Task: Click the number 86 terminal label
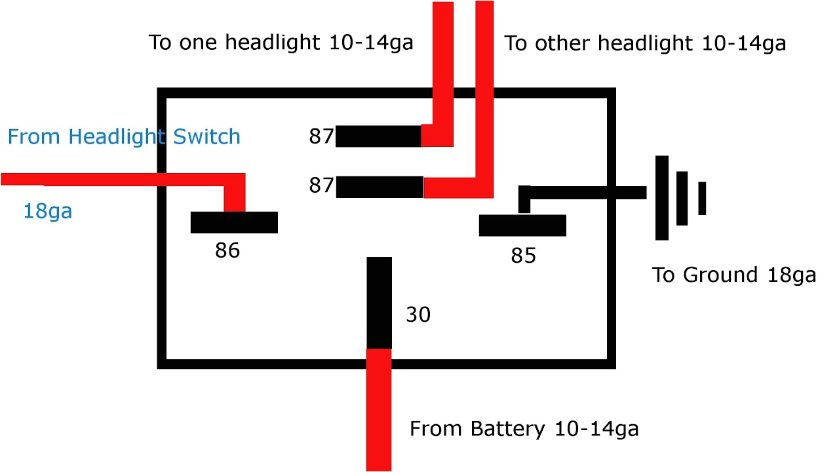(x=227, y=250)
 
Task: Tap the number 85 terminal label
(x=523, y=256)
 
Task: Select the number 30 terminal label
(x=418, y=315)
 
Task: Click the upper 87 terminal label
(x=321, y=136)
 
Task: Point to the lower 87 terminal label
(x=321, y=186)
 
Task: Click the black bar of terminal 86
(x=234, y=222)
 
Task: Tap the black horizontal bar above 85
(x=522, y=225)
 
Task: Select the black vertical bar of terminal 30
(x=379, y=302)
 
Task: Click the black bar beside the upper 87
(x=378, y=136)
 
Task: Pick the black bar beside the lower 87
(x=380, y=187)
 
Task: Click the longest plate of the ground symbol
(x=661, y=197)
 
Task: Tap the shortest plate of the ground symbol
(x=702, y=198)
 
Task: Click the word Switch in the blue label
(x=206, y=137)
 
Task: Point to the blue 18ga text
(x=47, y=211)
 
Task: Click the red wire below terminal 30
(x=379, y=410)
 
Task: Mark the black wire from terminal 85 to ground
(x=587, y=192)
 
